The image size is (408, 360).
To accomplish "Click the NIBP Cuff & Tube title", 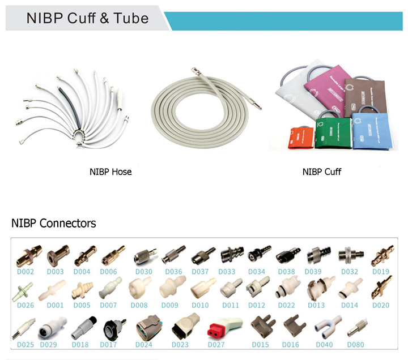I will [87, 18].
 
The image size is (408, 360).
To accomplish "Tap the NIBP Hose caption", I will [110, 172].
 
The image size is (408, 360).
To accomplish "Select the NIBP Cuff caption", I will [322, 172].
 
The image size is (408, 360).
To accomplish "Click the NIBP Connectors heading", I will [54, 223].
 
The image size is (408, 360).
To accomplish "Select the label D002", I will [25, 272].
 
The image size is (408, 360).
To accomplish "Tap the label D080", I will [355, 344].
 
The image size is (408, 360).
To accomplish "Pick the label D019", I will [381, 272].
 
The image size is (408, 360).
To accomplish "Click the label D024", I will [144, 344].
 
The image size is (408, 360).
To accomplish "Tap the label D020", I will [381, 306].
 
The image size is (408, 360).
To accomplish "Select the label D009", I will [169, 306].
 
